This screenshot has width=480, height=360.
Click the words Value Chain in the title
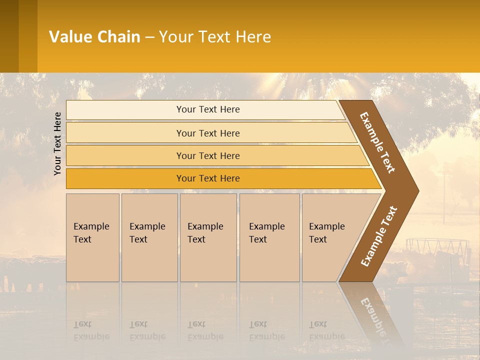pyautogui.click(x=94, y=37)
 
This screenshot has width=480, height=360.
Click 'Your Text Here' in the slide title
pyautogui.click(x=215, y=37)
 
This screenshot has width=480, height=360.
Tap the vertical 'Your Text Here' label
pyautogui.click(x=57, y=143)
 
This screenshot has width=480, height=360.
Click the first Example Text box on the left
pyautogui.click(x=92, y=237)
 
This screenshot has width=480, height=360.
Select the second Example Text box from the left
pyautogui.click(x=149, y=237)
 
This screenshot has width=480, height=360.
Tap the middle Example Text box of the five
pyautogui.click(x=208, y=237)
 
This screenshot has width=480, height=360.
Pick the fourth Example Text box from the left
pyautogui.click(x=269, y=237)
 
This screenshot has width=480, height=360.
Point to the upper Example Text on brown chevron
pyautogui.click(x=377, y=142)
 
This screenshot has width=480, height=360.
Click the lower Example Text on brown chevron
pyautogui.click(x=378, y=236)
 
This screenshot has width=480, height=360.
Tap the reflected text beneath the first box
pyautogui.click(x=91, y=330)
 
